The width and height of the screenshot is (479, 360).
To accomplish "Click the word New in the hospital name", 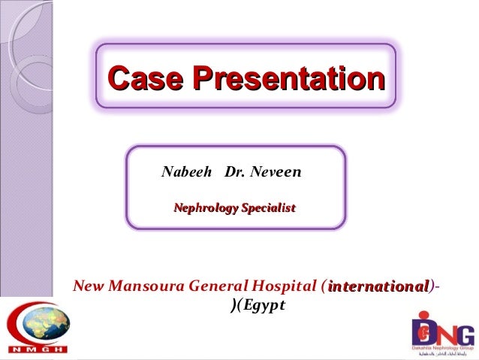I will point(89,286).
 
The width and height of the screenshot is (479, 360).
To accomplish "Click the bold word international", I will point(378,286).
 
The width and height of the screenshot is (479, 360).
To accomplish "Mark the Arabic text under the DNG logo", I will point(443,354).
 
